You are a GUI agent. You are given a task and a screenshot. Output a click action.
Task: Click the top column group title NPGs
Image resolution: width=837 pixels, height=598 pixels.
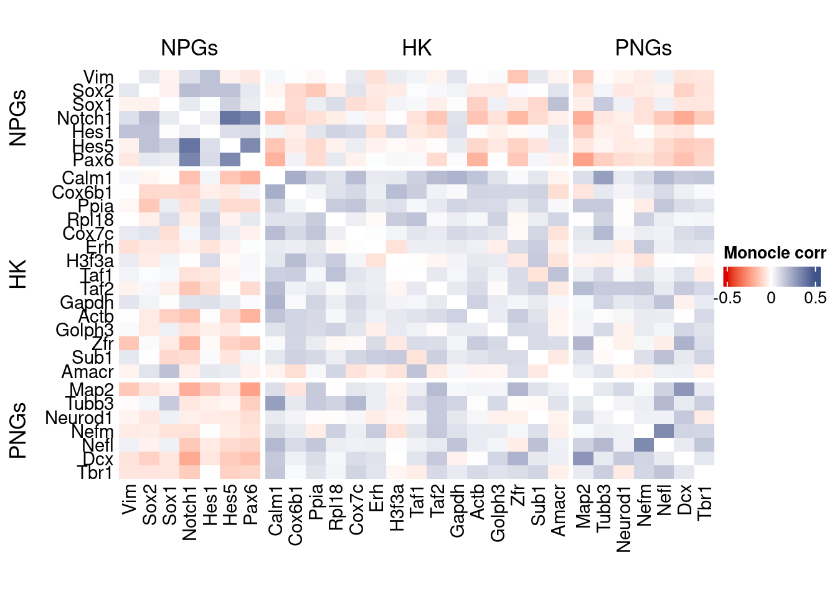coord(189,48)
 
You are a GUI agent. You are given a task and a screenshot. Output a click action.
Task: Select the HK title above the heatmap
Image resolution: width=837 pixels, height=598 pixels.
coord(417,48)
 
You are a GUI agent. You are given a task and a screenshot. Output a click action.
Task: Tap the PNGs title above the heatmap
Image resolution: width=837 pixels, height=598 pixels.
coord(643,48)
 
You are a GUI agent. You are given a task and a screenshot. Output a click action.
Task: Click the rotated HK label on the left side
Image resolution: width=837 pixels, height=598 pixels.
coord(19,275)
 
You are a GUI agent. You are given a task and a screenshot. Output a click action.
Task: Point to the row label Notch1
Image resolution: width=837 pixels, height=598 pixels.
coord(85,118)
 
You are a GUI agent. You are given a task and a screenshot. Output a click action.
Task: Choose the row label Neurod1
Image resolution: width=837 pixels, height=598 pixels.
coord(79,418)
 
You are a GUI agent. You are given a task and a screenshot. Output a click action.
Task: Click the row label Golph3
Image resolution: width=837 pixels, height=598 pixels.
coord(85,330)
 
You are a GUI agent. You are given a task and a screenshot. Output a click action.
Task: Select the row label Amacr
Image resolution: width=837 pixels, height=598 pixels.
coord(88,373)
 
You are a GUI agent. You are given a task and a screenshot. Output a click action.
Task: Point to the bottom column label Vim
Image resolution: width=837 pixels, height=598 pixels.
coord(129,501)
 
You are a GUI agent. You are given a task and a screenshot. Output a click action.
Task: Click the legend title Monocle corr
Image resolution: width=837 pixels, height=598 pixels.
coord(775,253)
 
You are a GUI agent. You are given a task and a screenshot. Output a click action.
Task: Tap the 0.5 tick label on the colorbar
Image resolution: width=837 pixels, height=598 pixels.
coord(815,298)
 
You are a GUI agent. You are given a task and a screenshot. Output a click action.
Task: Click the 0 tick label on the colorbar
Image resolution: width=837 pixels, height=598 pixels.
coord(771,298)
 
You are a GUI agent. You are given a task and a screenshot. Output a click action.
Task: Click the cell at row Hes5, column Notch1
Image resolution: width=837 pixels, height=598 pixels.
coord(189,146)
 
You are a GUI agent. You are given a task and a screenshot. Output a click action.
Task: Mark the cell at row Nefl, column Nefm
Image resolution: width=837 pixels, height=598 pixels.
coord(644,445)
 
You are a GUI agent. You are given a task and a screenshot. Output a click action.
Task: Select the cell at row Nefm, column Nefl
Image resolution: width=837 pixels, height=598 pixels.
coord(664,431)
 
